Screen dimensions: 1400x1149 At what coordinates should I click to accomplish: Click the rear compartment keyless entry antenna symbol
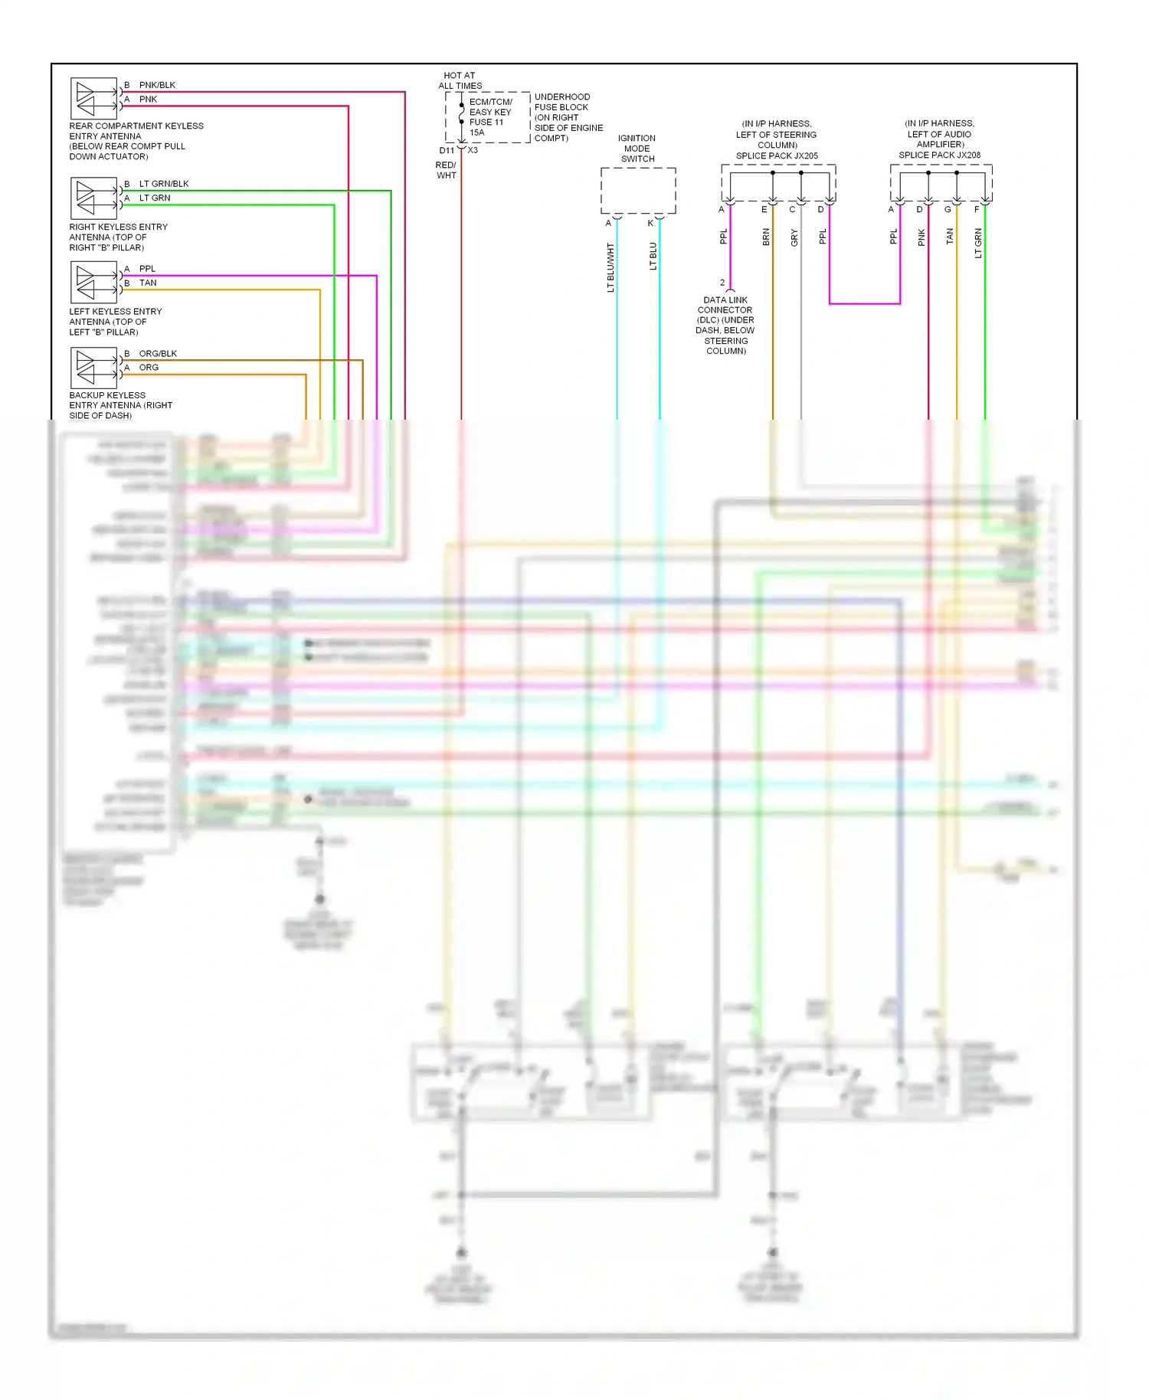click(x=93, y=98)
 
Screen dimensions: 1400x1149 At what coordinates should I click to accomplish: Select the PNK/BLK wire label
click(x=157, y=85)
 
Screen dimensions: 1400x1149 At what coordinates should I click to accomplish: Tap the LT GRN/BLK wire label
click(x=163, y=184)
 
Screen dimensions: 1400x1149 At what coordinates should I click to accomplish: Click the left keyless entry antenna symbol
click(x=93, y=283)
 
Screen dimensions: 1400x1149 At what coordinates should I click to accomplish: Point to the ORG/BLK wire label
click(x=158, y=354)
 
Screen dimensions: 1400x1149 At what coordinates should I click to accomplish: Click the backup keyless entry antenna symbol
click(x=93, y=368)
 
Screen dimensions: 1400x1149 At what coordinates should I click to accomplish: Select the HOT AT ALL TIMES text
click(x=460, y=80)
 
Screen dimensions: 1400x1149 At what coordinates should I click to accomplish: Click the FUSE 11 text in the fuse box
click(x=486, y=123)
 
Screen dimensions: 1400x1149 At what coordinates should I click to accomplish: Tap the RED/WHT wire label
click(x=446, y=170)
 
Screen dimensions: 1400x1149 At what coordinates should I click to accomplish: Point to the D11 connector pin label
click(x=447, y=151)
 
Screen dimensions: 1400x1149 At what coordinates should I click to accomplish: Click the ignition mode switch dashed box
click(x=637, y=191)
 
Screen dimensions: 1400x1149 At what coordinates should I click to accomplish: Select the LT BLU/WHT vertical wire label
click(x=611, y=267)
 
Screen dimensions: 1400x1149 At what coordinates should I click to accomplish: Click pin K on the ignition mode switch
click(x=650, y=224)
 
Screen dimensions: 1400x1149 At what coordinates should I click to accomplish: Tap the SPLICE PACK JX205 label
click(x=777, y=155)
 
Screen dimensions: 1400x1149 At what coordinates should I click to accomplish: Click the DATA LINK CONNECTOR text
click(x=725, y=305)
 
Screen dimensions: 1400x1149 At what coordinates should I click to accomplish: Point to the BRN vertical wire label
click(x=765, y=237)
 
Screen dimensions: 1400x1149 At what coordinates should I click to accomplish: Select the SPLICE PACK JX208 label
click(x=939, y=155)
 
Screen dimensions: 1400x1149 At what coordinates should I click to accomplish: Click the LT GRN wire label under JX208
click(x=977, y=243)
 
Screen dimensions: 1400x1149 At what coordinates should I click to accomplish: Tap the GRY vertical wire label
click(x=794, y=238)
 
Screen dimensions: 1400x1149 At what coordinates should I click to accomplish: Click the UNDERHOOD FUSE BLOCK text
click(x=561, y=102)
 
